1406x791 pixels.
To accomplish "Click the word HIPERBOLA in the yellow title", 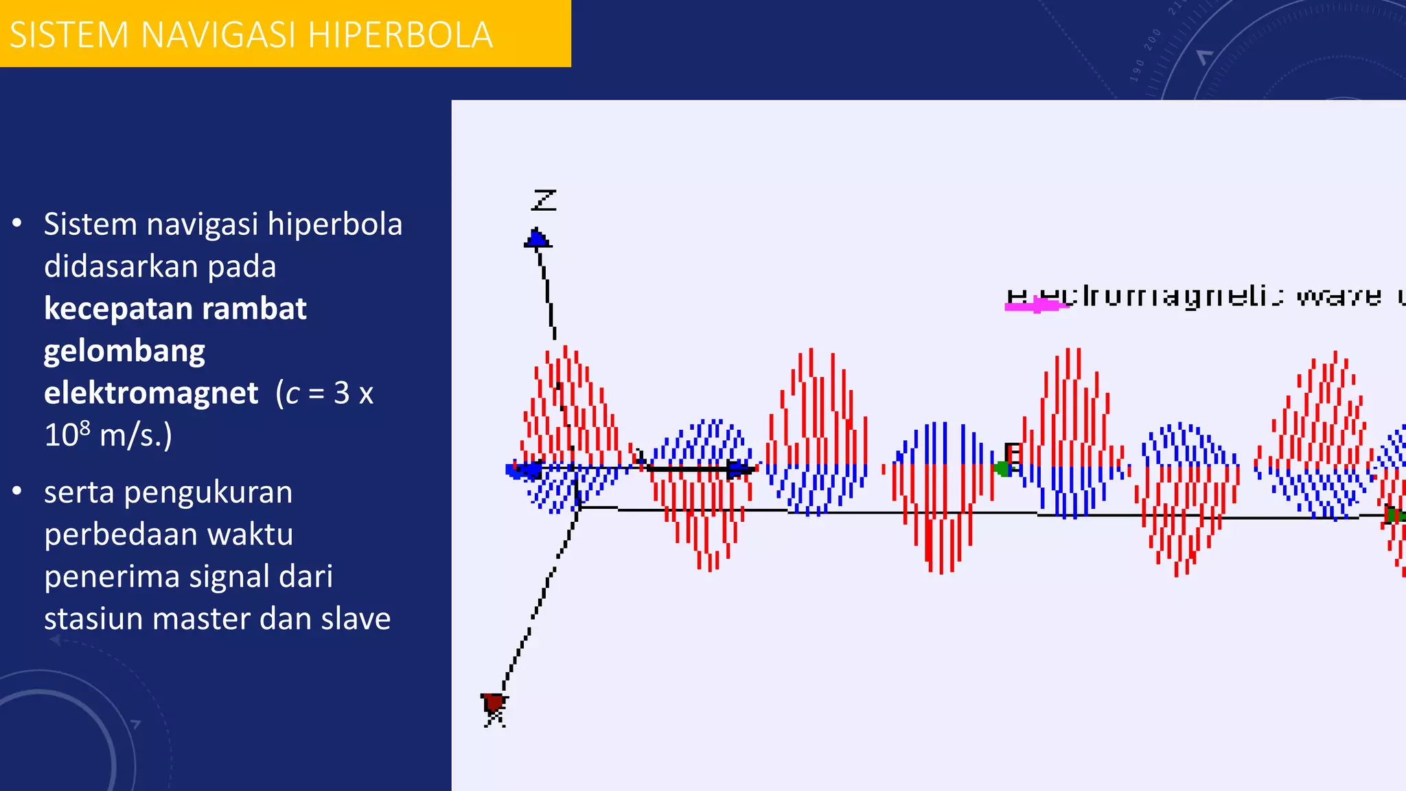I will [x=400, y=35].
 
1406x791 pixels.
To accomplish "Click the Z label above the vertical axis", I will [x=544, y=200].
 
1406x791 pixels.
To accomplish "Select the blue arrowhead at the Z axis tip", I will [x=538, y=238].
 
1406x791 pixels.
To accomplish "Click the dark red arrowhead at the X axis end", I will [x=493, y=704].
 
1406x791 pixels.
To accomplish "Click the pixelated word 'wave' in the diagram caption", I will [x=1338, y=297].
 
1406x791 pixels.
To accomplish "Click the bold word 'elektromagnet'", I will [x=151, y=393].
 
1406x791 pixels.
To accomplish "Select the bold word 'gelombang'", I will [x=124, y=351].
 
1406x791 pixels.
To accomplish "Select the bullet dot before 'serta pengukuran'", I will [x=17, y=492].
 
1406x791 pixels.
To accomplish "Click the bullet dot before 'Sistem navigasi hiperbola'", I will [x=17, y=224].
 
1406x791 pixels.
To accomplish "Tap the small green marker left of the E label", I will [x=1003, y=469].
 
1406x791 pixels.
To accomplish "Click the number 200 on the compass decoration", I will [x=1153, y=40].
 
